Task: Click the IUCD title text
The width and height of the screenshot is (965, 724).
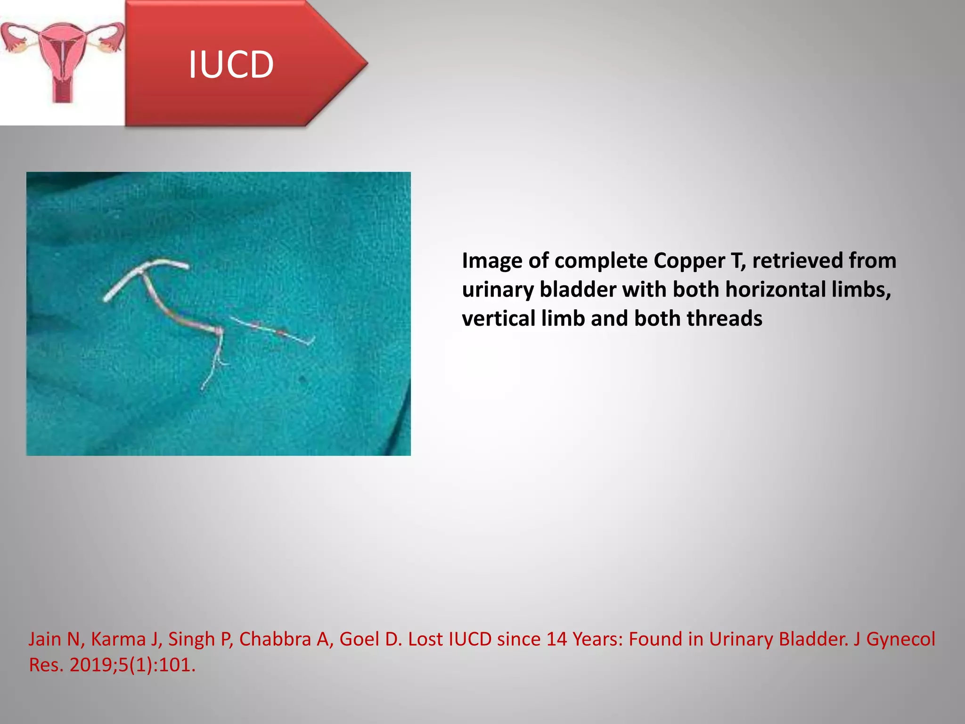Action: coord(231,65)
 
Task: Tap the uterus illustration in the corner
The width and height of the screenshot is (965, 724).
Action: coord(62,59)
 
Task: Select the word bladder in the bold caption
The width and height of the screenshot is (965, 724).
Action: coord(578,289)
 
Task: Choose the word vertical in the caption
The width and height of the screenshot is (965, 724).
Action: coord(499,319)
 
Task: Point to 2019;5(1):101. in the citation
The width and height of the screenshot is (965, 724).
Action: coord(132,665)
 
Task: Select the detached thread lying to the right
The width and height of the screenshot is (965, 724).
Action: coord(273,330)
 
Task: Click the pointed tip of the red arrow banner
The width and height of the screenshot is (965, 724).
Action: coord(365,63)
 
